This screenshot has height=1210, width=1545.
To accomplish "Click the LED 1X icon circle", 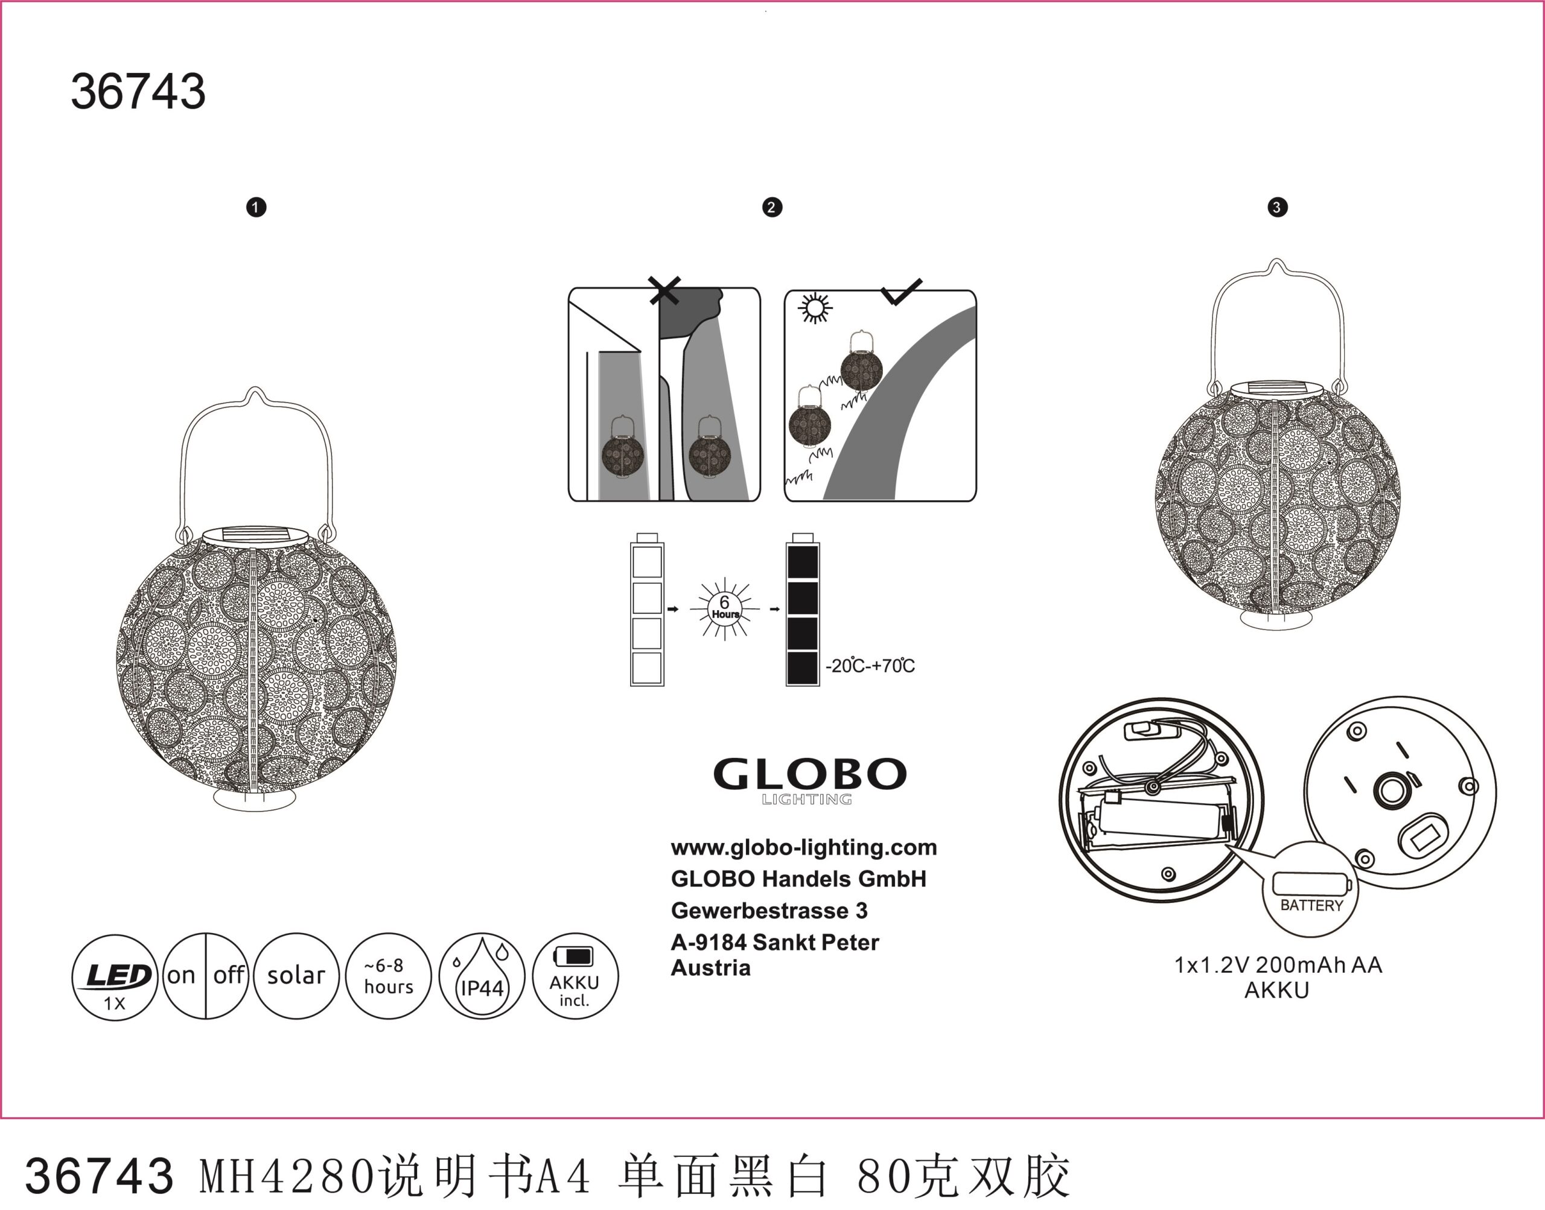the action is click(x=114, y=978).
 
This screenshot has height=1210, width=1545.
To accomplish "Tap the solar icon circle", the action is click(x=296, y=976).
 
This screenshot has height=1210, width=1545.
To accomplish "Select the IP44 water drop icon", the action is click(x=482, y=976).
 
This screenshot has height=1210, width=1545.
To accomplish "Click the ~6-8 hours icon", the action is click(x=388, y=976).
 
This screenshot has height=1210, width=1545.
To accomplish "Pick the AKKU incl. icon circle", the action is click(x=575, y=976).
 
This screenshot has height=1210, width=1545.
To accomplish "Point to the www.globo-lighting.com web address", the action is click(x=803, y=847).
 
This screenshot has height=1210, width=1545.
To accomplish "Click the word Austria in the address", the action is click(x=710, y=968).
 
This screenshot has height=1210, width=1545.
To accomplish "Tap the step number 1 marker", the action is click(x=256, y=208).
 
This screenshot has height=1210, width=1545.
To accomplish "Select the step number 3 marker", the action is click(x=1277, y=208).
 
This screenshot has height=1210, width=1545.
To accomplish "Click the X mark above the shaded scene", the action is click(x=664, y=290).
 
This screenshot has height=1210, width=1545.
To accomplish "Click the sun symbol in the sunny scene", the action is click(x=815, y=308).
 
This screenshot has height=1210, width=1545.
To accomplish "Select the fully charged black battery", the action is click(x=803, y=610).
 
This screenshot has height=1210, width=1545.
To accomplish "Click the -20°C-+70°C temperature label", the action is click(x=870, y=666).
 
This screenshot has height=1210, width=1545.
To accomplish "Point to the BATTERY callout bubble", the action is click(x=1310, y=890).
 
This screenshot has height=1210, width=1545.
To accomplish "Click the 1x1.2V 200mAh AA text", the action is click(x=1278, y=965).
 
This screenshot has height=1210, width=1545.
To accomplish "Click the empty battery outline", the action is click(x=647, y=610).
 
